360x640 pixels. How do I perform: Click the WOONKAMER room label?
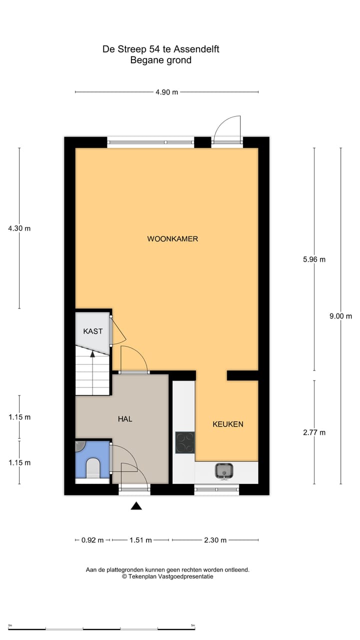(172, 239)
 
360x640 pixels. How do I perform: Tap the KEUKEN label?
(228, 424)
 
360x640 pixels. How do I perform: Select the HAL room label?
(125, 419)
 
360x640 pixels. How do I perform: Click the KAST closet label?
(93, 331)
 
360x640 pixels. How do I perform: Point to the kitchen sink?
(224, 470)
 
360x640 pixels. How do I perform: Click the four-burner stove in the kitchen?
(185, 442)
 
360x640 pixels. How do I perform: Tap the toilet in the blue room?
(93, 468)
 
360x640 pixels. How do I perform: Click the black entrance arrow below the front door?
(136, 506)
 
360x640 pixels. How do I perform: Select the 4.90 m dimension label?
(167, 92)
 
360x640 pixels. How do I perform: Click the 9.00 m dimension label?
(340, 316)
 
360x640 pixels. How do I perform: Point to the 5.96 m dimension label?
(314, 259)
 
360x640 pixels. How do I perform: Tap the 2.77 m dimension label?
(314, 432)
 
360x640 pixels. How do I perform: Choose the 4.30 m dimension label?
(19, 228)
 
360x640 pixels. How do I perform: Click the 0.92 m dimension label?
(92, 540)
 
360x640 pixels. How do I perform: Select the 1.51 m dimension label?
(141, 540)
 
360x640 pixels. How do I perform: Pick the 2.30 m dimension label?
(215, 540)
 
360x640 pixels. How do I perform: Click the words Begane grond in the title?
(160, 60)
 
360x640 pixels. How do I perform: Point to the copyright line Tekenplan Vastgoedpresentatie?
(167, 576)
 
